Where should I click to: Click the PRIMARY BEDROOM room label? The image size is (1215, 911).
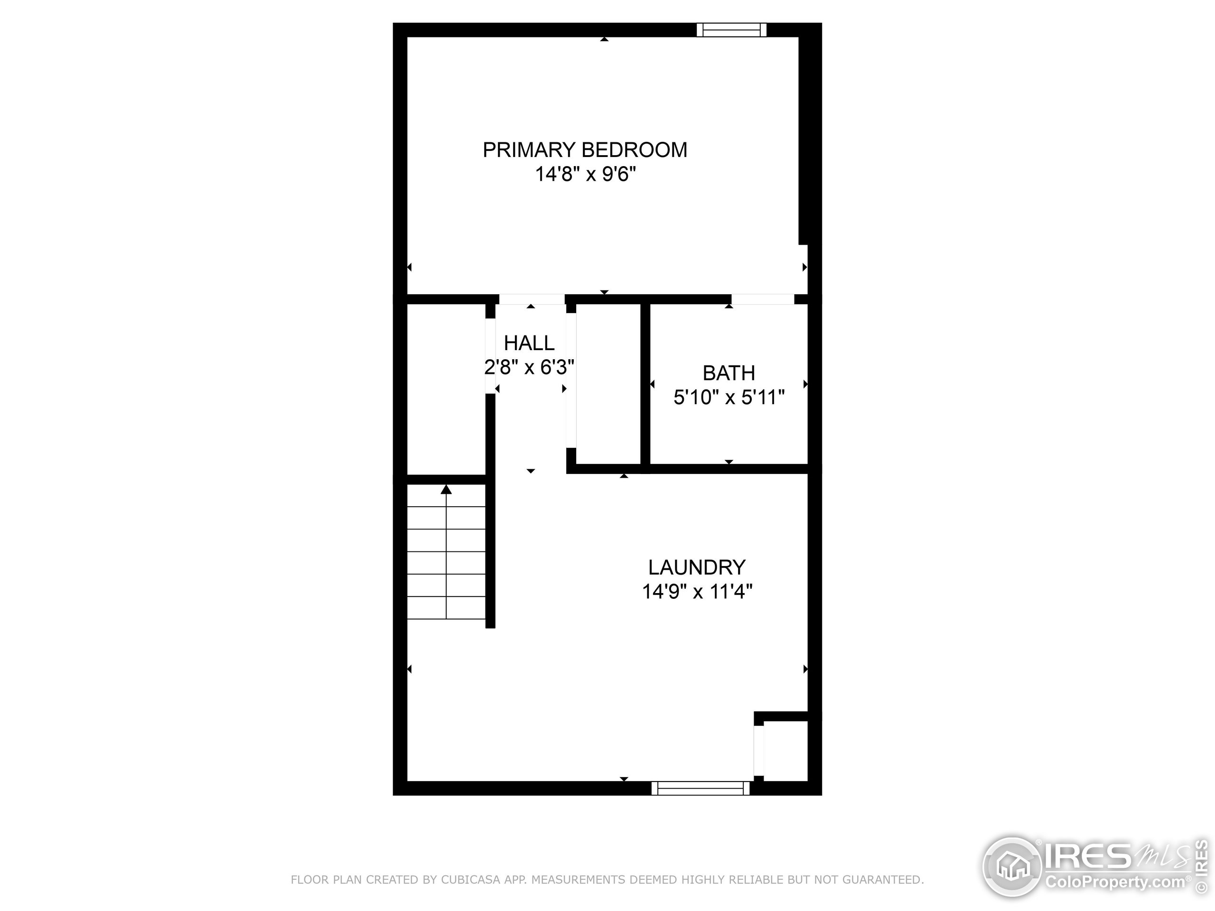tap(584, 150)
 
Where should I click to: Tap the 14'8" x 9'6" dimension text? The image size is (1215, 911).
tap(585, 175)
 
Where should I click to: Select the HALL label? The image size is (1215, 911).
tap(529, 343)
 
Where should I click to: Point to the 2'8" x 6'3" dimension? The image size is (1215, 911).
tap(529, 367)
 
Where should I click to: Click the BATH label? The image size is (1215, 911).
tap(729, 373)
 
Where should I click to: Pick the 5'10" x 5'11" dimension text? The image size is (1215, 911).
tap(729, 397)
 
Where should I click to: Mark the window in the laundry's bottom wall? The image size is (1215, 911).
tap(701, 789)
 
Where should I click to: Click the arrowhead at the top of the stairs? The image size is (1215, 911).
tap(446, 489)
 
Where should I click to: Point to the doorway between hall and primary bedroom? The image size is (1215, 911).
tap(531, 299)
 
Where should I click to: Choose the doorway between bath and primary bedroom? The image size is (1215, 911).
tap(762, 299)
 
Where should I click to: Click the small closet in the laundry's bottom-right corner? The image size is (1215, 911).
tap(785, 751)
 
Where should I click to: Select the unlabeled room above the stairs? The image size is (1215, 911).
tap(446, 389)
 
